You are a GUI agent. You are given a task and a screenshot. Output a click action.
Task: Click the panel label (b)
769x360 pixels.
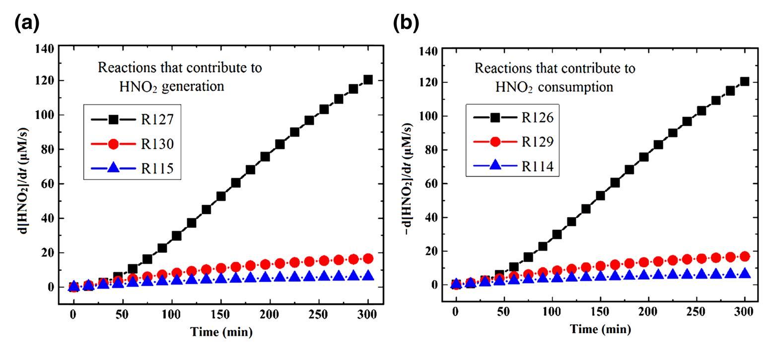pos(406,23)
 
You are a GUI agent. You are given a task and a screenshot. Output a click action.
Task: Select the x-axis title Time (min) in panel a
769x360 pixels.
pos(221,332)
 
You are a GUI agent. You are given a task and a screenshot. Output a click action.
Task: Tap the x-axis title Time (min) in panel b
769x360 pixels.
pos(600,329)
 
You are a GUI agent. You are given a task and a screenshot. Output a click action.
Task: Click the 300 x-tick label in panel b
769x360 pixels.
pos(744,311)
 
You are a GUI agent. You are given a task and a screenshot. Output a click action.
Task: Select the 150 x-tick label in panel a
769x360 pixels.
pos(220,315)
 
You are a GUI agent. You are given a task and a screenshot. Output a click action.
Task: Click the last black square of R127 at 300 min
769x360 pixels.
pos(368,80)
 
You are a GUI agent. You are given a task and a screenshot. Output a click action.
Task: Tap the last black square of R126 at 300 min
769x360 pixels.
pos(744,81)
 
